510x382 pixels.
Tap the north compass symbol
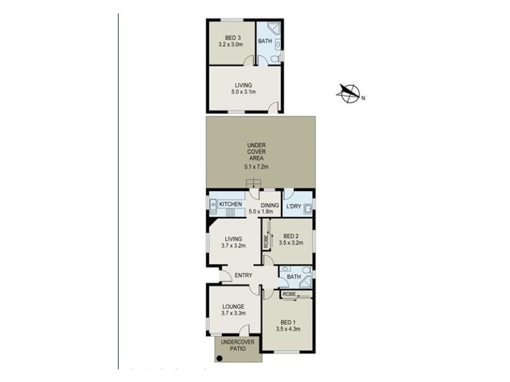point(349,94)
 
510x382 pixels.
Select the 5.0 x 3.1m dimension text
point(243,92)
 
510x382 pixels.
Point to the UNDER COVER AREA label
point(256,153)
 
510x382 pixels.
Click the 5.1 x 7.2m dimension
point(256,167)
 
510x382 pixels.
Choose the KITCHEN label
point(231,204)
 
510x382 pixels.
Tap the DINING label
point(270,205)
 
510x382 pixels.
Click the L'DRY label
point(293,206)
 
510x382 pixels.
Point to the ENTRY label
point(243,275)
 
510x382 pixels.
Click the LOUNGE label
point(233,306)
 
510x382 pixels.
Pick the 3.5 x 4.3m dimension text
point(288,329)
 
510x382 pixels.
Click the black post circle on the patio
point(219,358)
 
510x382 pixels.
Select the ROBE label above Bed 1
point(289,294)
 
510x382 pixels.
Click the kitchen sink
point(212,204)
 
